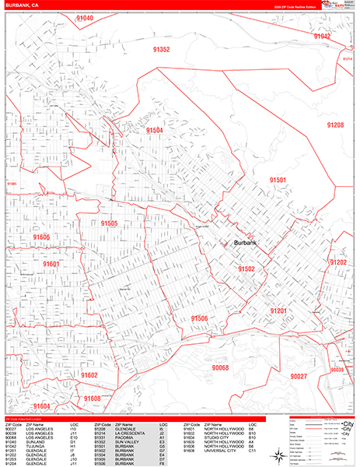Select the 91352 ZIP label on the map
click(162, 49)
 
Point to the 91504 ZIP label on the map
click(154, 130)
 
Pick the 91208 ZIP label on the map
click(335, 125)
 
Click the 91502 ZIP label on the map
click(246, 269)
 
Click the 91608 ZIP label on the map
click(93, 399)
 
